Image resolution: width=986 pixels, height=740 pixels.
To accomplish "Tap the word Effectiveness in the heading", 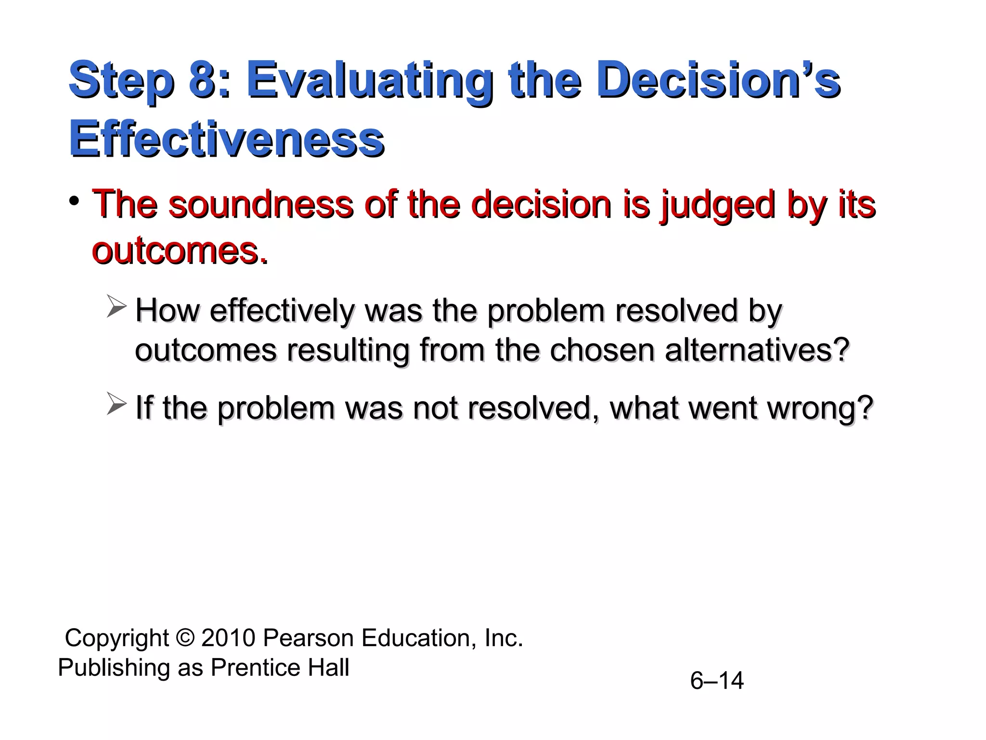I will coord(226,139).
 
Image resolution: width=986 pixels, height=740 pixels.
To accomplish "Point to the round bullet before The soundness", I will coord(74,201).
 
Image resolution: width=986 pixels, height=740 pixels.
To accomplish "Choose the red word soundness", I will coord(260,204).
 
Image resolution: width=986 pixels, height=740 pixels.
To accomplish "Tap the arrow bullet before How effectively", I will coord(117,307).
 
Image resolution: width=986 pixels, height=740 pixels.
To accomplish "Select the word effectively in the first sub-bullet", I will coord(282,311).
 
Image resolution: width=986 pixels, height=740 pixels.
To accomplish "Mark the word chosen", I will coord(601,350).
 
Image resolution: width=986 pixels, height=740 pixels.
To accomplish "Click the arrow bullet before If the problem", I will coord(117,404).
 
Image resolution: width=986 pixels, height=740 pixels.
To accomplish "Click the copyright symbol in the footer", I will coord(184,638).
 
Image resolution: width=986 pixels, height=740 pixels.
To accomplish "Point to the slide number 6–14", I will coord(717,681).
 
